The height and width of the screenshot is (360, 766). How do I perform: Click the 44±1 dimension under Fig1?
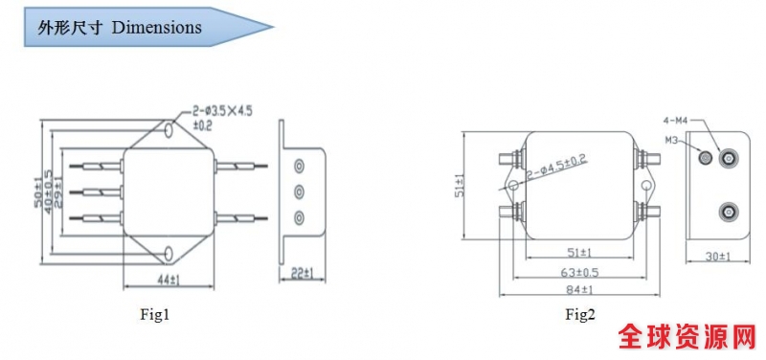tap(169, 280)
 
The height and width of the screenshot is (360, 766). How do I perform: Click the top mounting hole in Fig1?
tap(169, 129)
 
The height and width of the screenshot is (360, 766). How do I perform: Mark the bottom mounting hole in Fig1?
tap(169, 253)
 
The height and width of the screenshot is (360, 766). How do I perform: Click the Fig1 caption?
tap(155, 315)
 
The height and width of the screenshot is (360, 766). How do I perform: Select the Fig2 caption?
tap(581, 314)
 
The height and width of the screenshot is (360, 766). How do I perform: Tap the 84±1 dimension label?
tap(579, 290)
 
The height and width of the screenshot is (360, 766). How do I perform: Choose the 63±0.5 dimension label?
tap(580, 272)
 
